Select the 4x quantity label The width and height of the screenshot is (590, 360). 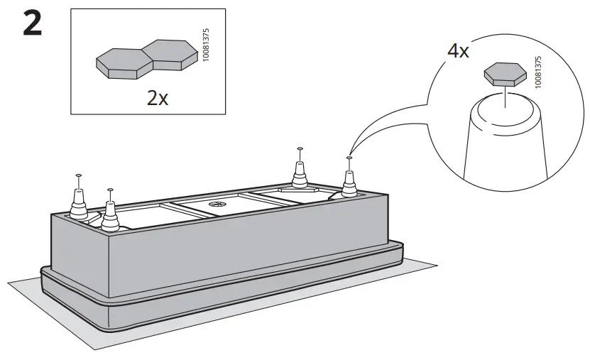[459, 52]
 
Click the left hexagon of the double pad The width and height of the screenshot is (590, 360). [120, 62]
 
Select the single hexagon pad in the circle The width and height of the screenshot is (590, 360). [505, 73]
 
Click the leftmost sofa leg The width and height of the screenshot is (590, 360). [78, 202]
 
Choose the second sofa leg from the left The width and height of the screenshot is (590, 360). [109, 215]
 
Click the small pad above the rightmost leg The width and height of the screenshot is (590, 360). [349, 158]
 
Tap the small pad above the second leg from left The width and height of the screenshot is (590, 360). [109, 190]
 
